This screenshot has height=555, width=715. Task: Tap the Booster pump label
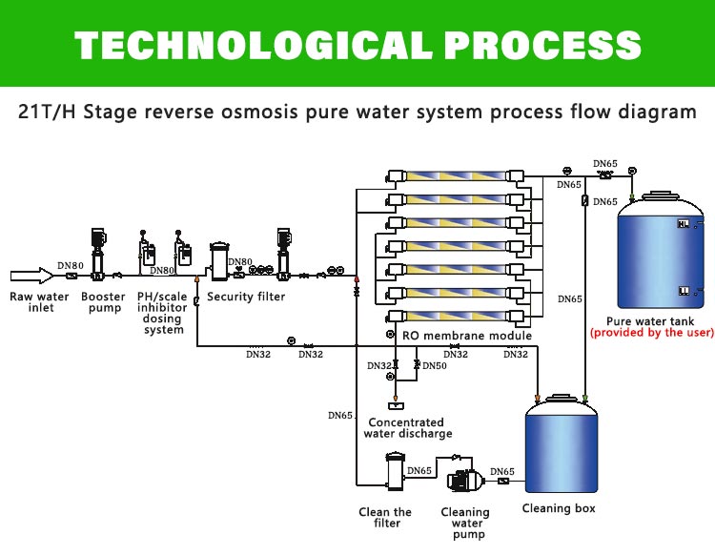103,302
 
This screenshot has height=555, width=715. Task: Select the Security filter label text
246,297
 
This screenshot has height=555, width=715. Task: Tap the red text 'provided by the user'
651,333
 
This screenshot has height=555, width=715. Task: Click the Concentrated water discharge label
406,428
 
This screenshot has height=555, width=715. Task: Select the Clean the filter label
385,518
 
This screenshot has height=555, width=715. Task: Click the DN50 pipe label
435,366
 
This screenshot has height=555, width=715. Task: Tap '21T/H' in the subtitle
48,112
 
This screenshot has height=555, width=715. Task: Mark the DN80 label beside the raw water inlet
70,265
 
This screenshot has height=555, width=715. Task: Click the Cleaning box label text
559,508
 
